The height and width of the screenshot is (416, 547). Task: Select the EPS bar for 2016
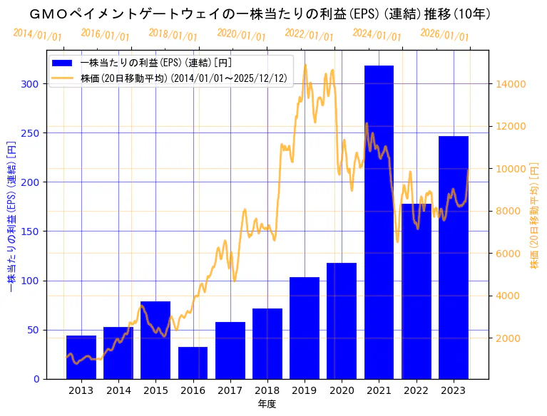[193, 363]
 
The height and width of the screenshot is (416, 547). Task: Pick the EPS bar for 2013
[81, 357]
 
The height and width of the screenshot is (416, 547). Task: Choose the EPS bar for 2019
[305, 328]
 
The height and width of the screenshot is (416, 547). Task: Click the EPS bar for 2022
[416, 291]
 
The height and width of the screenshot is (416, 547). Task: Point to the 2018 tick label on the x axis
[267, 390]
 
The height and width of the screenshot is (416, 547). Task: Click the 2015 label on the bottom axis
[155, 390]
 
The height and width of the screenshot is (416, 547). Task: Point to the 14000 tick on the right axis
[510, 84]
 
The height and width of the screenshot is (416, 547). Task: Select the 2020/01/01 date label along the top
[241, 35]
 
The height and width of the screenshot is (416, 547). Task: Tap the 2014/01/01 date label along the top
[37, 35]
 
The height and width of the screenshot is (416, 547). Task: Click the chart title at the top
[260, 14]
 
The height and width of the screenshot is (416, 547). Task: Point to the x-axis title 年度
[267, 404]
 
